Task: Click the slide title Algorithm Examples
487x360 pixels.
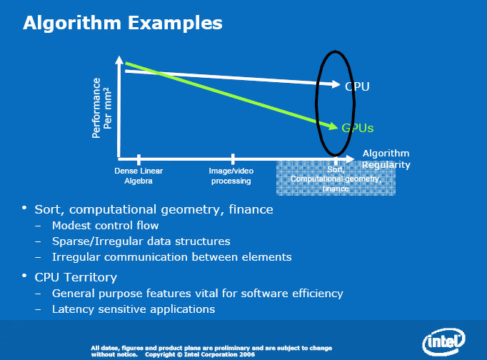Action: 123,24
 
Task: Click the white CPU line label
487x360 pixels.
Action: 357,86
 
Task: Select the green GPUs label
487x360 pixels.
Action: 357,128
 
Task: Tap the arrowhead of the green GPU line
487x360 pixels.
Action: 333,126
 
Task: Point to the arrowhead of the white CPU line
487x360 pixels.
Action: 336,84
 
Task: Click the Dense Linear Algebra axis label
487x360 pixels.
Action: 139,176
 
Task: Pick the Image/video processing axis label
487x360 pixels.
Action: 231,176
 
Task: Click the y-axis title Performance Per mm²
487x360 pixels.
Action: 101,108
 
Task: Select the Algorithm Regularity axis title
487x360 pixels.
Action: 386,159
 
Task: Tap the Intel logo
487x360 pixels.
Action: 444,341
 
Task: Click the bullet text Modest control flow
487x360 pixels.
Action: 105,226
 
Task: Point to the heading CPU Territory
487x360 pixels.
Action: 76,277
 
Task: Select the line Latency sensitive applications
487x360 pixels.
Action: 134,309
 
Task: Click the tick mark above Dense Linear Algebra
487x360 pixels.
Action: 139,159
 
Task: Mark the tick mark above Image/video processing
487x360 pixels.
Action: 233,159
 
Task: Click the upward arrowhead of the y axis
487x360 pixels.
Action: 119,60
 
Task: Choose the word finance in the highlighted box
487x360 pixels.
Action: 336,189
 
